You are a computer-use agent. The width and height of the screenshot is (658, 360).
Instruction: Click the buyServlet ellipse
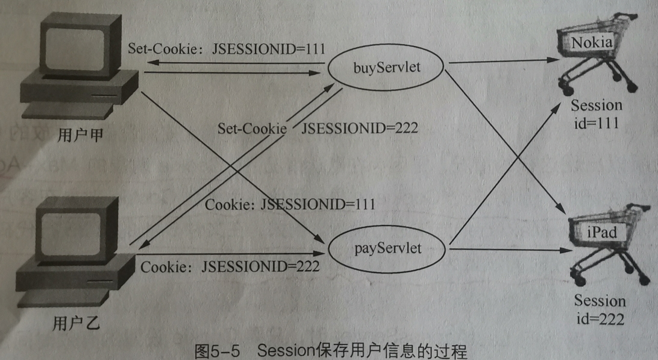point(386,66)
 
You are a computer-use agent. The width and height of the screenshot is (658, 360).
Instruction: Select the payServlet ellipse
point(387,248)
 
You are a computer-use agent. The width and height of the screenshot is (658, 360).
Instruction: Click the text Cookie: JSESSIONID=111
point(290,204)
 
